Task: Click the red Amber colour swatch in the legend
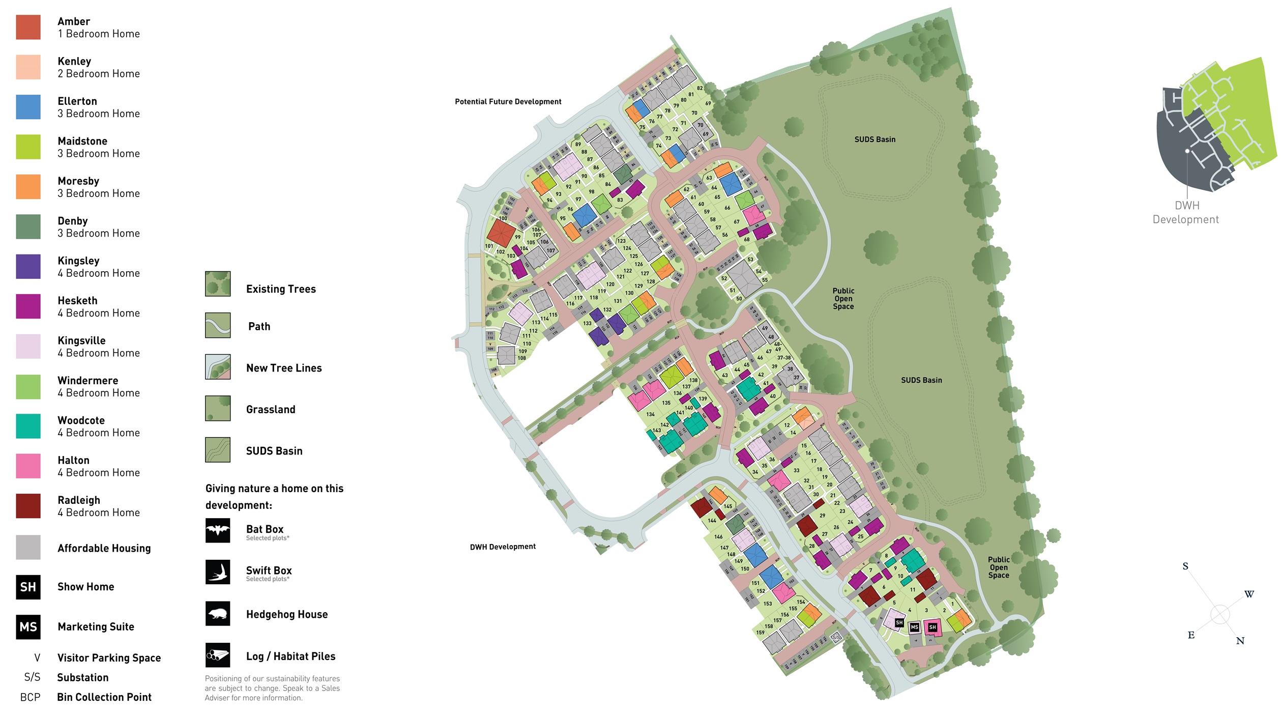pyautogui.click(x=28, y=27)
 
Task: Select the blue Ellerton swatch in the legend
pyautogui.click(x=28, y=107)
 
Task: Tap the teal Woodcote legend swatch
pyautogui.click(x=28, y=426)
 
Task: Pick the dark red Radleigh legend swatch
pyautogui.click(x=28, y=506)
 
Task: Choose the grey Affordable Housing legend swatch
pyautogui.click(x=28, y=547)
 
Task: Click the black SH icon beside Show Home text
pyautogui.click(x=28, y=587)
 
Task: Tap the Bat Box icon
pyautogui.click(x=218, y=530)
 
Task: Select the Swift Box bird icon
pyautogui.click(x=218, y=572)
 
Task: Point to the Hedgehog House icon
pyautogui.click(x=218, y=613)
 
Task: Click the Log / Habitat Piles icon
pyautogui.click(x=218, y=655)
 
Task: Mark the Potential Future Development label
pyautogui.click(x=508, y=102)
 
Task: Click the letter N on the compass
pyautogui.click(x=1240, y=641)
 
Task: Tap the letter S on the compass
pyautogui.click(x=1185, y=566)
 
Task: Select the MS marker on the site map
pyautogui.click(x=914, y=627)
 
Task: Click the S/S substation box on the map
pyautogui.click(x=836, y=637)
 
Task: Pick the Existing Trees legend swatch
pyautogui.click(x=218, y=283)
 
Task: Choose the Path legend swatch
pyautogui.click(x=218, y=325)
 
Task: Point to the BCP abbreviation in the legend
pyautogui.click(x=30, y=697)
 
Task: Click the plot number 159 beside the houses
pyautogui.click(x=760, y=633)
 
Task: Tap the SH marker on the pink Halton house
pyautogui.click(x=932, y=628)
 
